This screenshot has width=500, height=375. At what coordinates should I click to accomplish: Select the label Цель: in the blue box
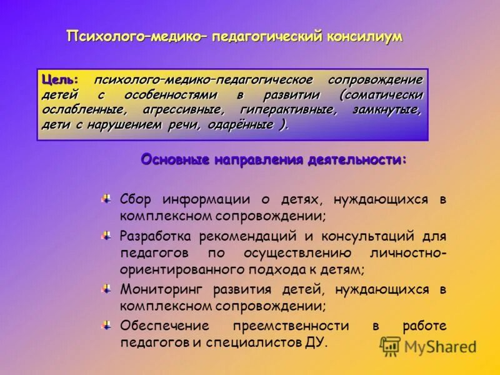click(x=60, y=81)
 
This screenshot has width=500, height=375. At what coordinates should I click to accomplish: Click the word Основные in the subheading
click(x=176, y=160)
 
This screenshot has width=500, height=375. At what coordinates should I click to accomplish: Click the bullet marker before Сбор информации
click(x=107, y=199)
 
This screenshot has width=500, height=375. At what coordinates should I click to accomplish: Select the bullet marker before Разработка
click(x=107, y=236)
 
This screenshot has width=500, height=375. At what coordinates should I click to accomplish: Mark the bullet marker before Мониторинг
click(x=107, y=289)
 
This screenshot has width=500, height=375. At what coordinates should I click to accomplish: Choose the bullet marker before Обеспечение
click(x=107, y=325)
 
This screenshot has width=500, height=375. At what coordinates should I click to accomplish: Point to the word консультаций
click(x=368, y=236)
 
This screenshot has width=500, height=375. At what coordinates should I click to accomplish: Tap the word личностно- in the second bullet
click(x=410, y=253)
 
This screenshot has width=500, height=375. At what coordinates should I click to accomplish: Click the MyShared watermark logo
click(x=429, y=346)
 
